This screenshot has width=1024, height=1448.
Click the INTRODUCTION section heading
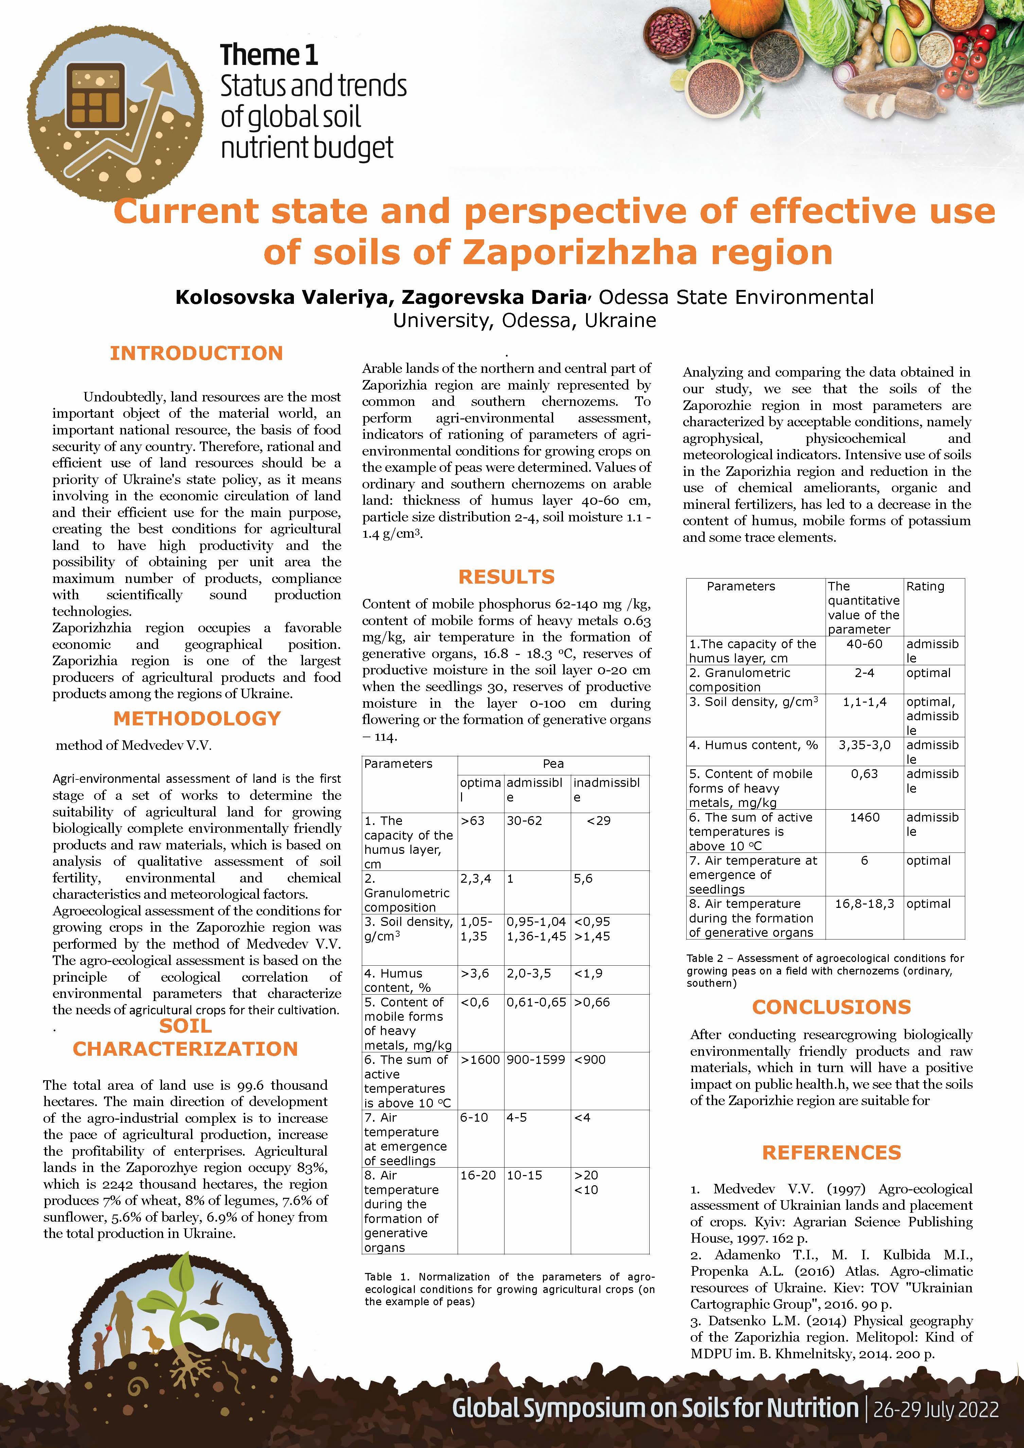tap(196, 353)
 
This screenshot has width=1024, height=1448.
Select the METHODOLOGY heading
tap(197, 718)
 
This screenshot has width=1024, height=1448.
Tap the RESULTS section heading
tap(506, 576)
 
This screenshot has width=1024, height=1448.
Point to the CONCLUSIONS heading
tap(831, 1006)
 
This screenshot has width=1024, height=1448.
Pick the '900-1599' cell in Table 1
tap(535, 1059)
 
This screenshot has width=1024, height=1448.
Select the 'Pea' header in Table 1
tap(553, 764)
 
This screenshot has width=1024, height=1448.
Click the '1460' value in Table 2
tap(864, 817)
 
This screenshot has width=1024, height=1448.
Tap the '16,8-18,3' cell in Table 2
tap(864, 904)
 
